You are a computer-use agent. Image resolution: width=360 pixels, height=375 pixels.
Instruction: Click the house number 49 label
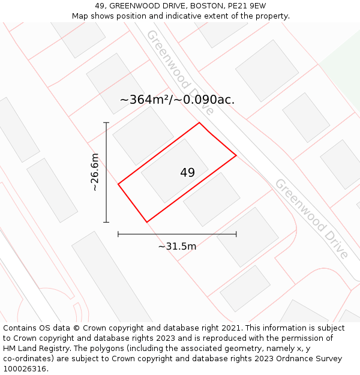[187, 173]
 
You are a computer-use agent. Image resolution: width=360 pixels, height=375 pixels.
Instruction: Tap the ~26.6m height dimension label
[94, 173]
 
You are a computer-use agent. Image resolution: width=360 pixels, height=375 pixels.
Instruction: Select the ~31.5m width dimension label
[177, 246]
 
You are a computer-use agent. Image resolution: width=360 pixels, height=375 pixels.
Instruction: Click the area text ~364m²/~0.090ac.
[177, 100]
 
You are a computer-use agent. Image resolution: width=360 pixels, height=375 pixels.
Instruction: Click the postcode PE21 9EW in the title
[249, 6]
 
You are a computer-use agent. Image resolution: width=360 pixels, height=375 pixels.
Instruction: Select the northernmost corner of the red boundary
[199, 123]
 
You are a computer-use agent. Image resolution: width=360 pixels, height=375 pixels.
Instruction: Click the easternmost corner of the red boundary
[236, 155]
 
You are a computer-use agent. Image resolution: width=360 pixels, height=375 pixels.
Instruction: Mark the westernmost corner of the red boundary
[118, 184]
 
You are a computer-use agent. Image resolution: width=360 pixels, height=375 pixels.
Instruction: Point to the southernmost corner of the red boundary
[146, 222]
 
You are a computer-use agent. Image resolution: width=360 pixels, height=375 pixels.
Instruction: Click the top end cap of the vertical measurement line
[106, 123]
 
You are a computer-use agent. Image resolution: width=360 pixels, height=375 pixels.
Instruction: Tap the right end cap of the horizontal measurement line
[236, 234]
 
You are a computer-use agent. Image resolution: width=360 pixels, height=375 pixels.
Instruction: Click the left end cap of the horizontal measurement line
[118, 234]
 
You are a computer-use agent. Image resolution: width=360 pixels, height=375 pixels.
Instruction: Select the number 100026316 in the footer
[24, 368]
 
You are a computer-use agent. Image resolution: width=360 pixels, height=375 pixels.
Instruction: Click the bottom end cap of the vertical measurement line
[106, 222]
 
